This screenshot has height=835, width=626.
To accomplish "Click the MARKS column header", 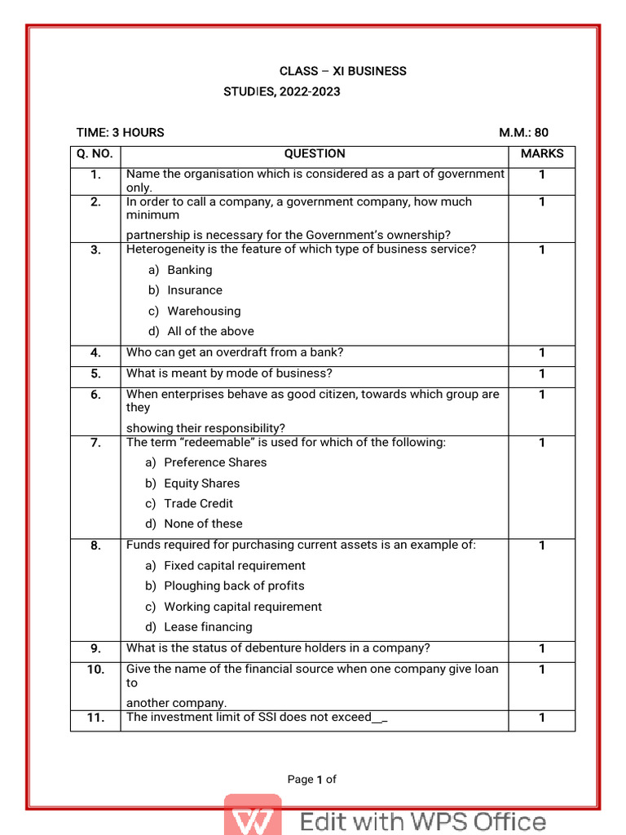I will click(541, 153).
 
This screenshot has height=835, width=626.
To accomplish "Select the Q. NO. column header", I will click(95, 153).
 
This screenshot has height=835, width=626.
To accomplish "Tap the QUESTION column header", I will click(314, 153).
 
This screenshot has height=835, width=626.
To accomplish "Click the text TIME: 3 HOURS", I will click(120, 132).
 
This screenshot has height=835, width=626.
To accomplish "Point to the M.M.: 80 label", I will click(523, 132).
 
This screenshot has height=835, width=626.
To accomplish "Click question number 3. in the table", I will click(95, 250).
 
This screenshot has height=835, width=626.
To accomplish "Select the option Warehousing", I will click(204, 311).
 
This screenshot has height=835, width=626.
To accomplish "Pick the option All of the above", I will click(210, 331).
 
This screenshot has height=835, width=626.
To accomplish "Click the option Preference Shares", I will click(215, 462).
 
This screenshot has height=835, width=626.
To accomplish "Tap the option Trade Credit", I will click(198, 503).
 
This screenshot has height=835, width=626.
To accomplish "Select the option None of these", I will click(203, 524).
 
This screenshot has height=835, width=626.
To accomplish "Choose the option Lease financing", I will click(208, 627).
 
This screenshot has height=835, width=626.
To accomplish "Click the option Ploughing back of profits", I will click(234, 585).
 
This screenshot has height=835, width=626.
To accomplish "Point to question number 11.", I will click(95, 718).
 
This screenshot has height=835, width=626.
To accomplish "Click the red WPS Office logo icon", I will click(253, 817).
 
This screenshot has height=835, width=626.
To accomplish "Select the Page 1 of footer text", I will click(311, 780).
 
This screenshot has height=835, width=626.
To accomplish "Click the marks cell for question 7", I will click(541, 443).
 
